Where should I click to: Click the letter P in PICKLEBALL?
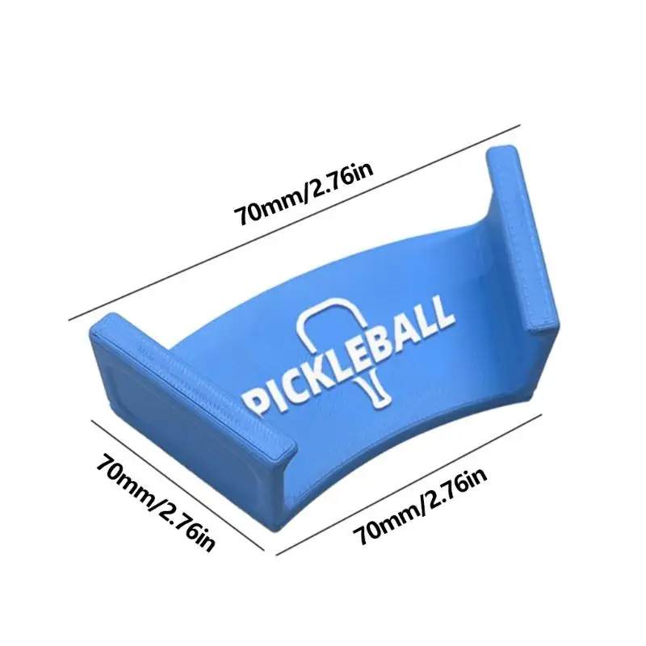(x=254, y=401)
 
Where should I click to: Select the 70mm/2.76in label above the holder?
(x=304, y=194)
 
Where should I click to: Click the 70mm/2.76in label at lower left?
(x=156, y=501)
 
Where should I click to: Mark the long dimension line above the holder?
(x=294, y=223)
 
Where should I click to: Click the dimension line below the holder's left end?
(x=178, y=485)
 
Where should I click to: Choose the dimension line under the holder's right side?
(x=409, y=485)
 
